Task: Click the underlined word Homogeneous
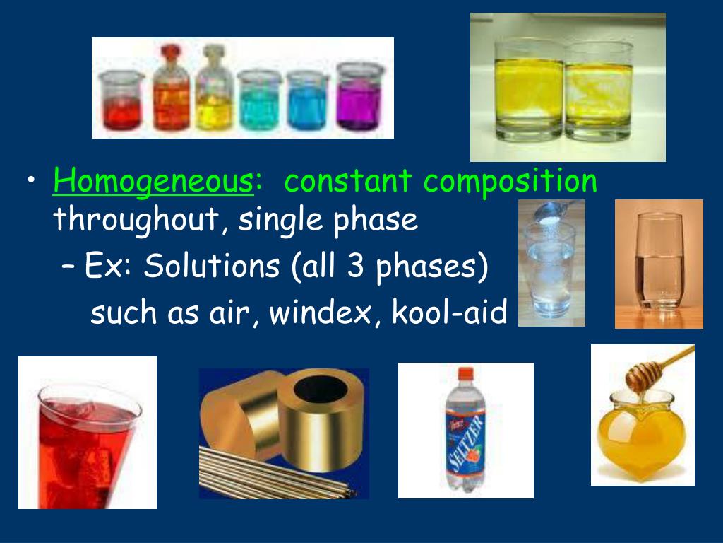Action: pos(153,182)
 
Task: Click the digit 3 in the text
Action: pos(355,266)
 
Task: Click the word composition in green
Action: pos(510,182)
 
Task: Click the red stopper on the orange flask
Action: pos(171,50)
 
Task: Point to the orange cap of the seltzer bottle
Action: pos(466,373)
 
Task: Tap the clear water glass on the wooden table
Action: pos(659,262)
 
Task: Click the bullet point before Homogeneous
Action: pos(31,180)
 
